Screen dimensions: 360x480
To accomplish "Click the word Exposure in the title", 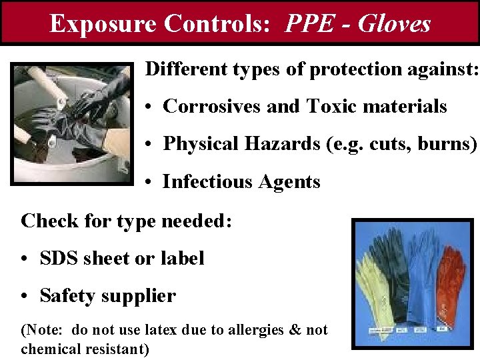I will (x=103, y=24).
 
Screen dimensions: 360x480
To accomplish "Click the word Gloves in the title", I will (x=394, y=24).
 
